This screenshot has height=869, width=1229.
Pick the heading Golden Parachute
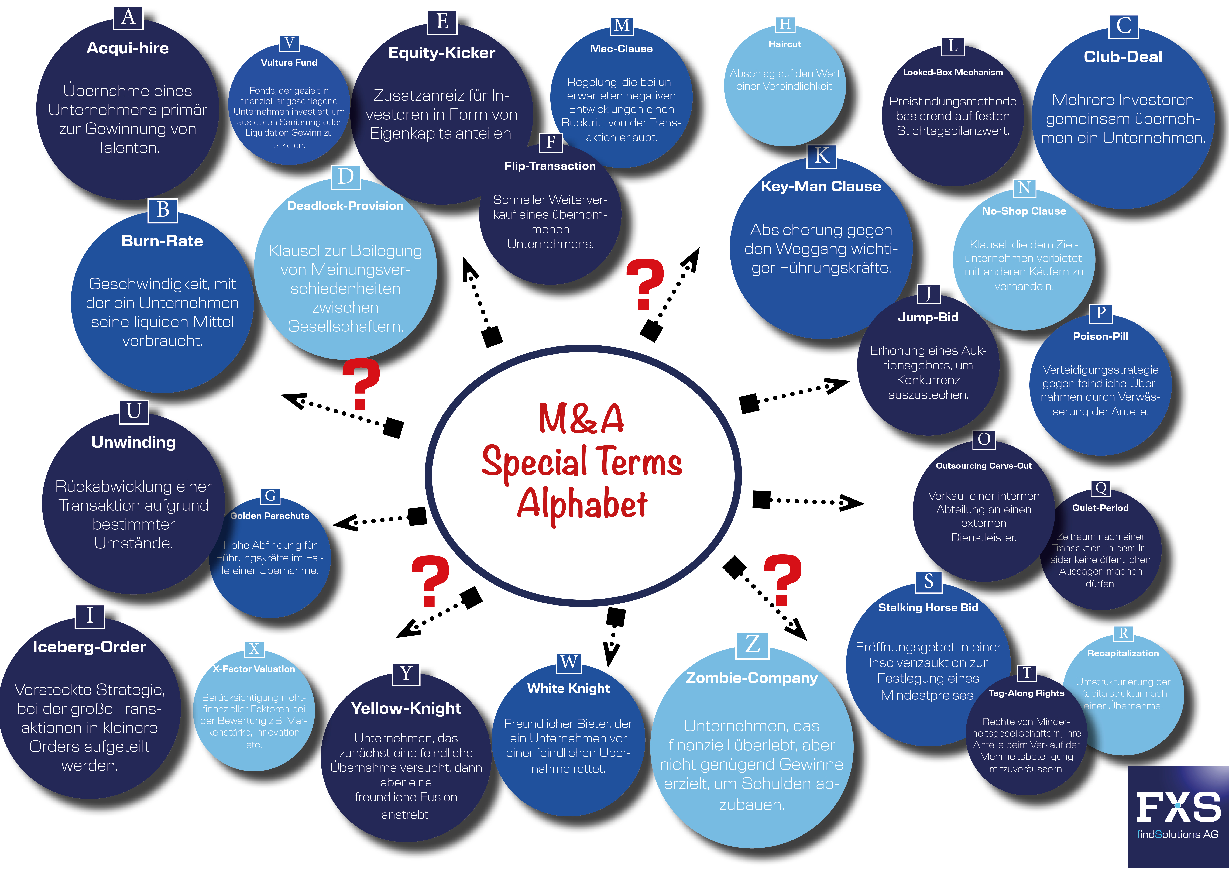(270, 516)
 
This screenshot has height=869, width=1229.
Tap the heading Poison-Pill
(1100, 336)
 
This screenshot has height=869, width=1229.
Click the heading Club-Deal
(1123, 57)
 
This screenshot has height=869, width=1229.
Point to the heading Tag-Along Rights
(1026, 693)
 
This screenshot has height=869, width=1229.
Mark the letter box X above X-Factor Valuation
(254, 649)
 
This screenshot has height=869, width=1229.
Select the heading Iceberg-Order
(89, 647)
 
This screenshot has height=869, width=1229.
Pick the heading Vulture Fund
(289, 63)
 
